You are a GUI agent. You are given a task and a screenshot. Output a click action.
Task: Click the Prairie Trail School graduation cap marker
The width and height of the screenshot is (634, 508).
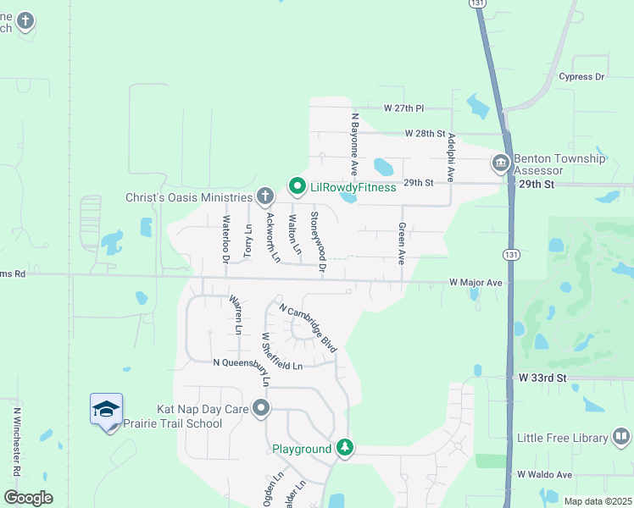(x=107, y=411)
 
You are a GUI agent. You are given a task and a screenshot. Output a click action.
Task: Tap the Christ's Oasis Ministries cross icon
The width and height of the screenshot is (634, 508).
(x=264, y=197)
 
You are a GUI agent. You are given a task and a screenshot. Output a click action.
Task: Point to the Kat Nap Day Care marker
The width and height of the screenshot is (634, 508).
(x=261, y=410)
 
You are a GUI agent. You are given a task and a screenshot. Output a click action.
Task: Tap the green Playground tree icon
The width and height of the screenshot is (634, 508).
(x=344, y=447)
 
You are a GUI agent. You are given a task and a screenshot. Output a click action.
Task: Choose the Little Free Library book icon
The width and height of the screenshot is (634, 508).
(x=621, y=437)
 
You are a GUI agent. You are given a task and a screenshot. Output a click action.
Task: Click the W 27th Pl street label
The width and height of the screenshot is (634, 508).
(x=403, y=109)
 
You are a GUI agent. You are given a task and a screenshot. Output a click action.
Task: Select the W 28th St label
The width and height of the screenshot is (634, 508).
(x=425, y=134)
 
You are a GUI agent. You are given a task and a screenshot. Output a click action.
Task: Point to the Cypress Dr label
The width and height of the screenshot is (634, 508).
(x=581, y=77)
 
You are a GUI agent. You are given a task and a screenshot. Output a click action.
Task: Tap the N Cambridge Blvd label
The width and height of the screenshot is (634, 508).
(x=308, y=328)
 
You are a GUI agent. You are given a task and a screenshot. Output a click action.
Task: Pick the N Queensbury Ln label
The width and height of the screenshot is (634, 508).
(x=258, y=365)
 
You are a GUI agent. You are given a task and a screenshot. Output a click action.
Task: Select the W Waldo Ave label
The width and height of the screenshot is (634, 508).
(x=545, y=475)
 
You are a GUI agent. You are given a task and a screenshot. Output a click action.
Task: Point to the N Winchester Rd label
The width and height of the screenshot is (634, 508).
(x=17, y=440)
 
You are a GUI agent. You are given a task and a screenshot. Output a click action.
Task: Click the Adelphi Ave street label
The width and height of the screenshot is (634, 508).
(x=453, y=157)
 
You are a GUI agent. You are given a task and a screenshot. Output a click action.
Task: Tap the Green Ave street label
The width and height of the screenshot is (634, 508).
(x=402, y=244)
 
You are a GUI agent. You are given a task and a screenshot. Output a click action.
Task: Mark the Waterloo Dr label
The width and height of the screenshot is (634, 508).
(x=226, y=240)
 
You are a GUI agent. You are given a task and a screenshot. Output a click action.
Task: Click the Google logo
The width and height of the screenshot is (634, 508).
(x=28, y=497)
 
